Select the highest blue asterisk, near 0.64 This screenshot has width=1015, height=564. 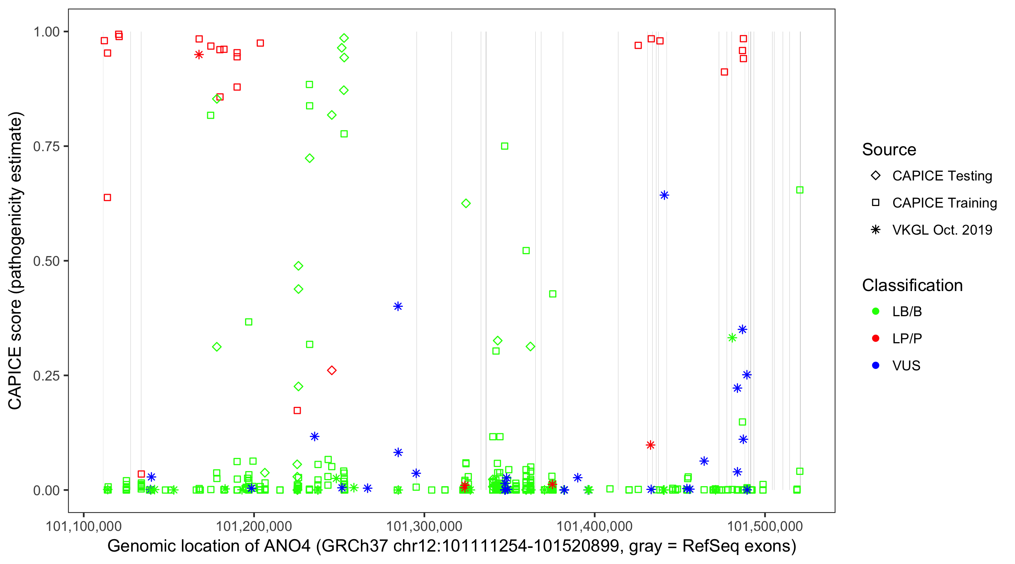(664, 195)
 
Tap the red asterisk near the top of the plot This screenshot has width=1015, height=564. (199, 55)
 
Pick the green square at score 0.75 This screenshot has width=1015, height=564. (504, 146)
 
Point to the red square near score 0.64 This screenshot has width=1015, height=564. (107, 197)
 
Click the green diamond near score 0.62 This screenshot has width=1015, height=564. (466, 203)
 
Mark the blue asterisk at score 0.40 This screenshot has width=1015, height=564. (398, 306)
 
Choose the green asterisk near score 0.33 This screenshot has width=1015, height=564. (732, 338)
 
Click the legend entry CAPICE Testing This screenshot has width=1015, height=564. (942, 176)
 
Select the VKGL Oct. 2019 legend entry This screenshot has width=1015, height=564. (942, 230)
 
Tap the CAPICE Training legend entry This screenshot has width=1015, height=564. (944, 203)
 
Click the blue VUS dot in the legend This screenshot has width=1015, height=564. (876, 365)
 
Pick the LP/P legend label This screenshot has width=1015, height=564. (907, 338)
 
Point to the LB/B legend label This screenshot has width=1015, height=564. (907, 311)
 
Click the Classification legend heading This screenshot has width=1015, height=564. (912, 285)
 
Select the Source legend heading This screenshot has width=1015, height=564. (889, 150)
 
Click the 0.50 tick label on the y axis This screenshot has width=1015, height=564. (46, 261)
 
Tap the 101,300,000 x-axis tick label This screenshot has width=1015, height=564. (424, 526)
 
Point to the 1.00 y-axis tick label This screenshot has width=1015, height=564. (46, 32)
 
